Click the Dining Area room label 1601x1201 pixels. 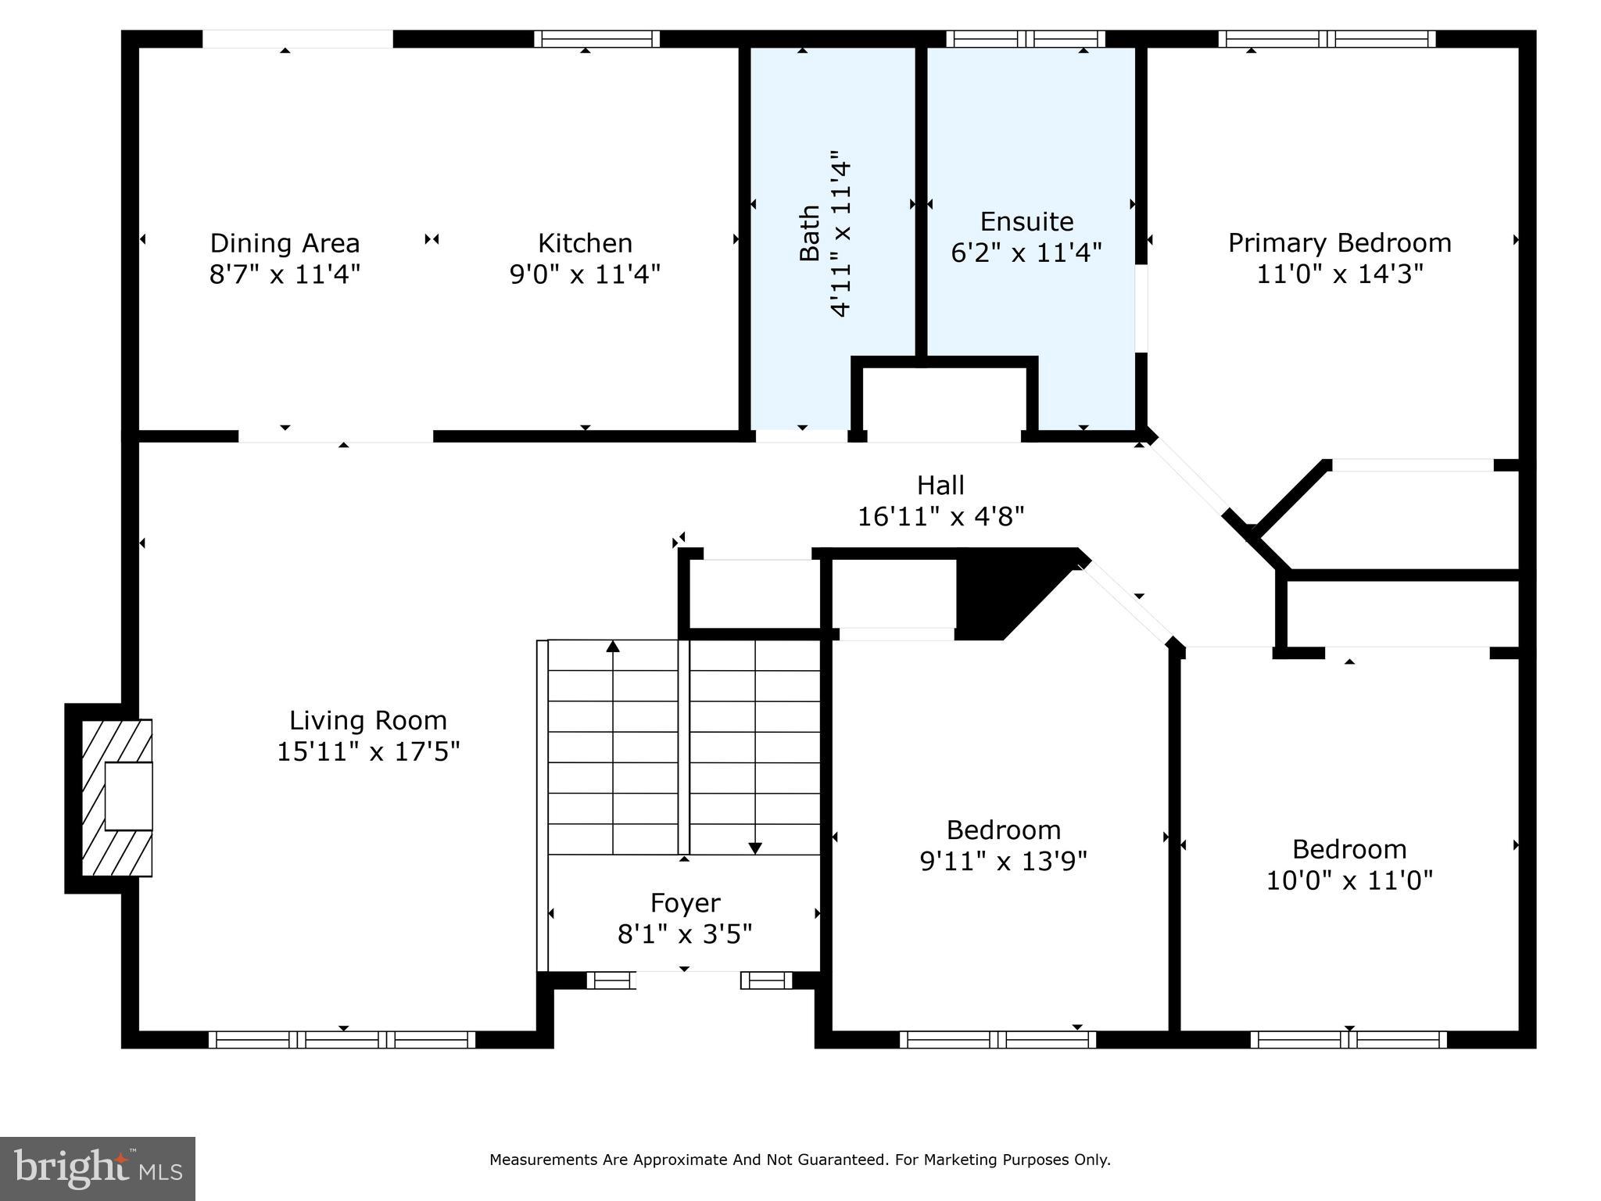[x=285, y=243]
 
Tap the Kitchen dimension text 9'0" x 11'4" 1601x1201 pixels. [x=585, y=274]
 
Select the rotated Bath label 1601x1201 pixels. [x=810, y=233]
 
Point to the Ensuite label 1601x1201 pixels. [x=1026, y=221]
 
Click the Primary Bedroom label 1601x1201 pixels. [x=1339, y=243]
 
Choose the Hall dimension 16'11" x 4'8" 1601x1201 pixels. [x=940, y=517]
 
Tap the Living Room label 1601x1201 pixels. [x=368, y=720]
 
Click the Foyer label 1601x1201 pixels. [x=685, y=903]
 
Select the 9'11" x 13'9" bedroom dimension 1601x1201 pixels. [x=1004, y=861]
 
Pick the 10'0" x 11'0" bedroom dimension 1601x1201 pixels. [x=1349, y=880]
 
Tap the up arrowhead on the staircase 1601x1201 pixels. [x=613, y=647]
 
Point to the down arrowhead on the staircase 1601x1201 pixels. [x=755, y=848]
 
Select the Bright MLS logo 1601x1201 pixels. [x=98, y=1169]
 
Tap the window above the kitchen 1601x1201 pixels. [x=597, y=39]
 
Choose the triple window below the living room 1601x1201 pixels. [x=342, y=1040]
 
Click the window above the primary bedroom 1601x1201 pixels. [x=1327, y=39]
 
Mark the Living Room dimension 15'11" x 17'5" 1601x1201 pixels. [x=368, y=751]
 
